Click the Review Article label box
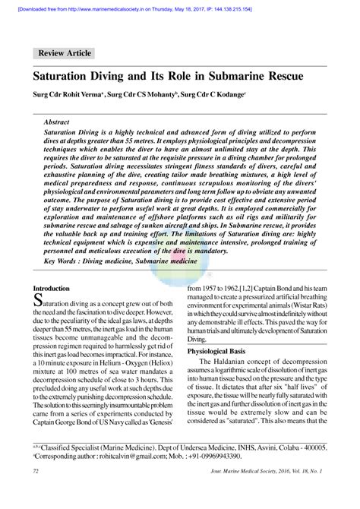64,53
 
